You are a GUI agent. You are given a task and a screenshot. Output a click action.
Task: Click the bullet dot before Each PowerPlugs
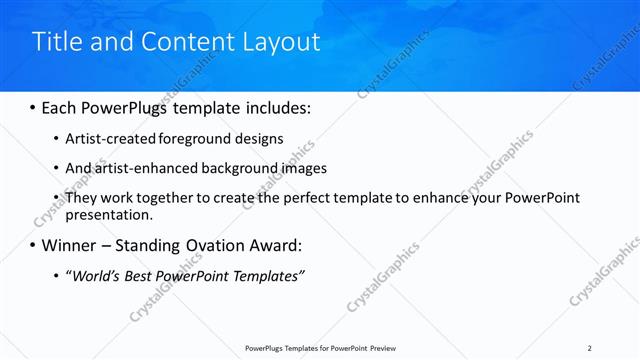[x=33, y=106]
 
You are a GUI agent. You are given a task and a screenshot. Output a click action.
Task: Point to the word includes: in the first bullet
[x=277, y=106]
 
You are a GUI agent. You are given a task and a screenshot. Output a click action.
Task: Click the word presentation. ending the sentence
[x=108, y=214]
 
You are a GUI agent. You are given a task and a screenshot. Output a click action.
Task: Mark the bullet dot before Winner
[x=33, y=245]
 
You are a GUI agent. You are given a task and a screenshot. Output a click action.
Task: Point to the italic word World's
[x=97, y=276]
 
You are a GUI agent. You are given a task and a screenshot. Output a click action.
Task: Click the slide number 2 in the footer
[x=590, y=347]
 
